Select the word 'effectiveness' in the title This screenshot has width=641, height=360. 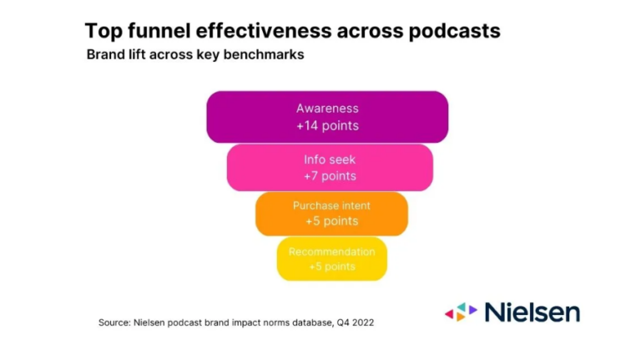(x=264, y=32)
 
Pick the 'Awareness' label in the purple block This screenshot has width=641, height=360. (x=327, y=109)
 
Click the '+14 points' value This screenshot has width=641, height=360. (x=327, y=126)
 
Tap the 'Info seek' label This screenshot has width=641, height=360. (x=330, y=159)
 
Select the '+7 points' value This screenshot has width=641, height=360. (x=330, y=176)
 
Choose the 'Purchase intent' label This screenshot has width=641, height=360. (x=331, y=205)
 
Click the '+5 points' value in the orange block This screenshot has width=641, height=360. (x=331, y=221)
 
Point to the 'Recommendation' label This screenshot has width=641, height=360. (x=332, y=251)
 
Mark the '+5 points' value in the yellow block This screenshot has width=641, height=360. (x=332, y=267)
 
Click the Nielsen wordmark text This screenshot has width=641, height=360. (x=532, y=312)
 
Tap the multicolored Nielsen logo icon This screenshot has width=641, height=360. (x=461, y=312)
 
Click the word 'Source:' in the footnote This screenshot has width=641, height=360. (x=114, y=322)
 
